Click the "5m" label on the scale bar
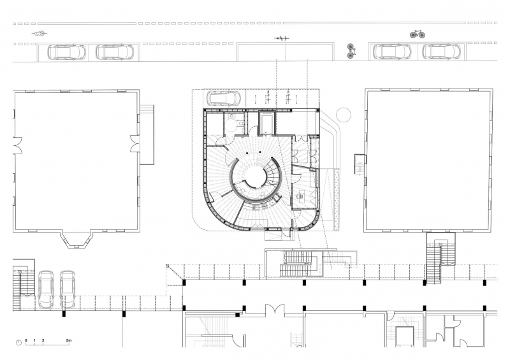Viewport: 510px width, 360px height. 69,340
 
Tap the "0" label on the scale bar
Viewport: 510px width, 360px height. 26,340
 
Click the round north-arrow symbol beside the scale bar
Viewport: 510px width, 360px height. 19,342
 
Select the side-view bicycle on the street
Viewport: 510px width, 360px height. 418,34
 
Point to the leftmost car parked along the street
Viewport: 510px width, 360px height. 67,52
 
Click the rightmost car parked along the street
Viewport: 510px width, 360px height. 441,52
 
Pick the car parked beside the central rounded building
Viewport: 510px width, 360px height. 224,98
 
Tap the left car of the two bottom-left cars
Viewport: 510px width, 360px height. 46,289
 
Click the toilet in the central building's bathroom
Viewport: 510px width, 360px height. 240,124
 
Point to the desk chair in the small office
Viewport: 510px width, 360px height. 300,196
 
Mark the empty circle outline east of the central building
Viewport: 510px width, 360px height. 344,115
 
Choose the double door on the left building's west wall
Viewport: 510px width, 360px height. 17,145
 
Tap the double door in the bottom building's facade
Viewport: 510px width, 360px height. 275,309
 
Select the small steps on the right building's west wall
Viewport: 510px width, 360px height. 360,164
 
